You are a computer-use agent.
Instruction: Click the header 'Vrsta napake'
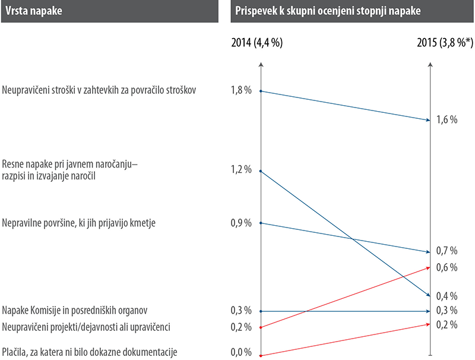coord(33,11)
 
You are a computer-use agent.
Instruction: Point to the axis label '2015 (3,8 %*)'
coord(445,43)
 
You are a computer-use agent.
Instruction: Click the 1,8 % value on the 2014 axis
coord(241,90)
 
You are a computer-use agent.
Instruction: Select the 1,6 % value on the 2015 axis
coord(446,119)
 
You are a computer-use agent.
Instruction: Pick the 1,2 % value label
coord(241,169)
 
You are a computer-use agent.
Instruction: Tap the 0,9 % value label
coord(241,223)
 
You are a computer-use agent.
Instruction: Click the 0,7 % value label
coord(446,250)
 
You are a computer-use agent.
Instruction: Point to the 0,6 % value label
coord(446,267)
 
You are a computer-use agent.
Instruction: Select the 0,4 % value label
coord(446,296)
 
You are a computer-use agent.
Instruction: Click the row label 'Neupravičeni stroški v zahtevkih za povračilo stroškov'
coord(104,90)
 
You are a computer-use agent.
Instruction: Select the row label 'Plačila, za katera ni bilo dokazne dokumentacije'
coord(90,352)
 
